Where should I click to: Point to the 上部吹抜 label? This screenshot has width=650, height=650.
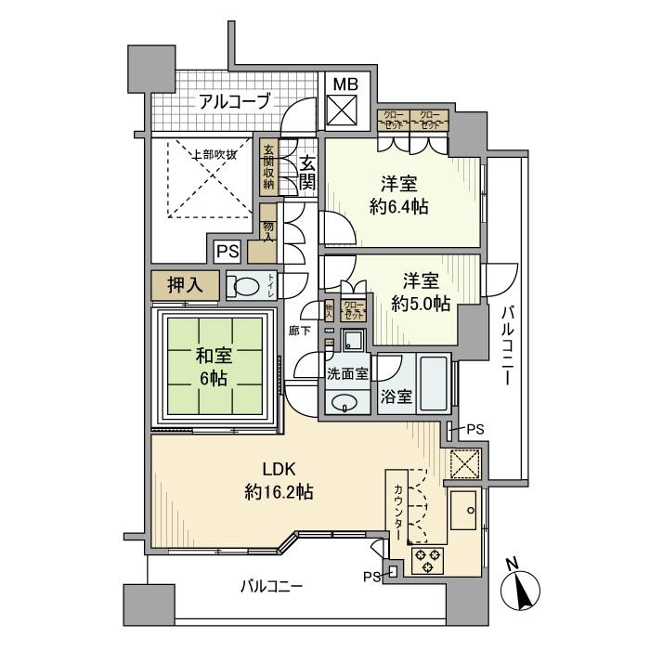click(x=214, y=154)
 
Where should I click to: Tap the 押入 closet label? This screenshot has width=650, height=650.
click(x=186, y=285)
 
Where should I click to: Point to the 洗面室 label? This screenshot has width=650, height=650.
click(x=344, y=375)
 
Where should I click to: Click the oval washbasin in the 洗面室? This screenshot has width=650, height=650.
click(x=345, y=403)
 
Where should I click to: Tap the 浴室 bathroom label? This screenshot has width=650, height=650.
click(x=396, y=396)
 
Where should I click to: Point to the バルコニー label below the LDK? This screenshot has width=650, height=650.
click(x=271, y=586)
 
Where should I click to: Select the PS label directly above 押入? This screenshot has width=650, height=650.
click(x=227, y=250)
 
